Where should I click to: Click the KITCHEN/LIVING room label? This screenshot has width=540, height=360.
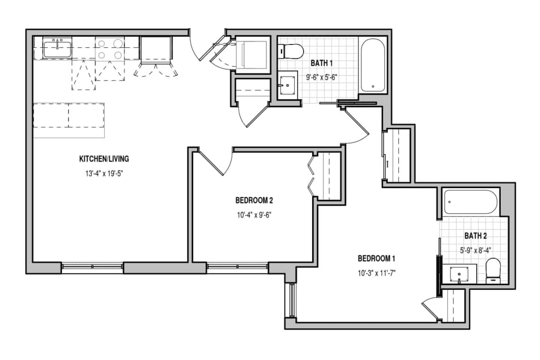[104, 159]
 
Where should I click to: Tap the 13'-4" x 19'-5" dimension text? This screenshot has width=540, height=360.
[104, 173]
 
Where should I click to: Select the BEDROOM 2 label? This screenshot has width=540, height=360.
[254, 200]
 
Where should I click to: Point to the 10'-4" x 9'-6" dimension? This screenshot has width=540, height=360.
[254, 215]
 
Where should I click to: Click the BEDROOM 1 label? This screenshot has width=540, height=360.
[377, 258]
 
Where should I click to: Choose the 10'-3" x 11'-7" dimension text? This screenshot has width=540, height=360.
[377, 273]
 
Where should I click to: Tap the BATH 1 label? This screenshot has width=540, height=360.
[322, 63]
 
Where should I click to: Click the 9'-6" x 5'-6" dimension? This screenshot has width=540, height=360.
[322, 78]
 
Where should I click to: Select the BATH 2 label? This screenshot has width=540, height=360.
[476, 236]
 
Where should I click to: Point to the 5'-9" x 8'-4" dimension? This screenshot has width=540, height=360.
[476, 251]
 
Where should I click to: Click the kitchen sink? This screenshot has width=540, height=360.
[57, 48]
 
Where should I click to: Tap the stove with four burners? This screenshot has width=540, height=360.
[110, 49]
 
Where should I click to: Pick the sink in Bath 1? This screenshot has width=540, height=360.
[287, 85]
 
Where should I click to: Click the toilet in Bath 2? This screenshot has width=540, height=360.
[493, 271]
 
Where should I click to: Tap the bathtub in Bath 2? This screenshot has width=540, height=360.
[470, 202]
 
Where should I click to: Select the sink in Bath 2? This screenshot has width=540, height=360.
[459, 274]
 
